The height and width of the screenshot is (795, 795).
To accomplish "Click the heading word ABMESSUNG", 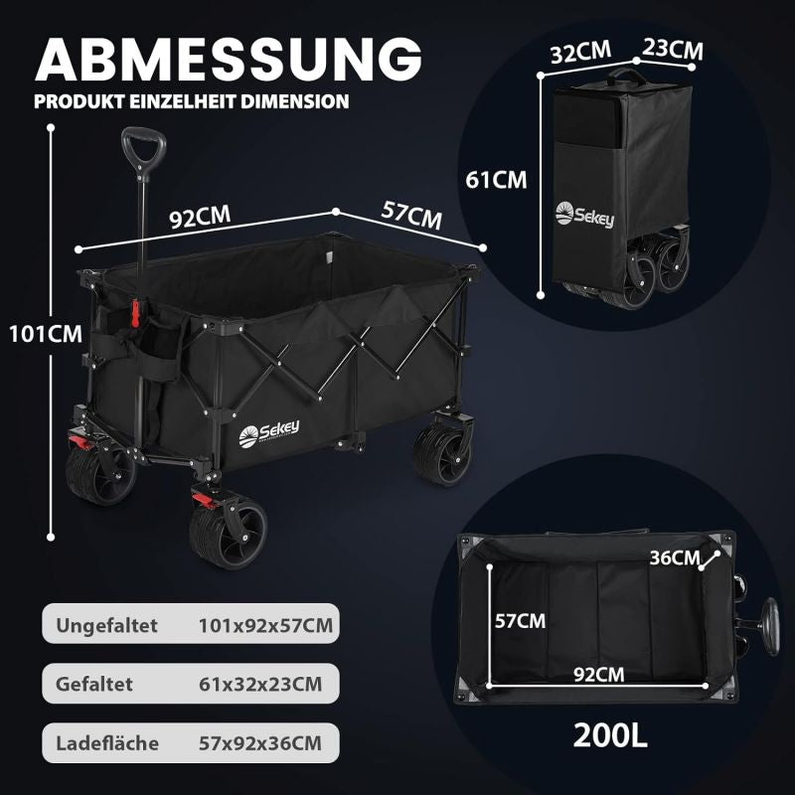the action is (x=229, y=59).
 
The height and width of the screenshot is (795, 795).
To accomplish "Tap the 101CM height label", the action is (x=46, y=334).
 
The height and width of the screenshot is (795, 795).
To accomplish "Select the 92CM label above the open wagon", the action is (x=200, y=217).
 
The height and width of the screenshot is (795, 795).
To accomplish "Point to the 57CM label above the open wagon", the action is (x=411, y=215).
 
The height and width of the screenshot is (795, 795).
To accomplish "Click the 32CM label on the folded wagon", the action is (x=581, y=53).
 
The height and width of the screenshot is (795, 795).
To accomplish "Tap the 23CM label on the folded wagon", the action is (x=673, y=49).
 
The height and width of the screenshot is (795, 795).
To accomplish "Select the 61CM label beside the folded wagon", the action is (x=496, y=180).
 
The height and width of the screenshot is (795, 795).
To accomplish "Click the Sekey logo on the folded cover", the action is (x=584, y=215).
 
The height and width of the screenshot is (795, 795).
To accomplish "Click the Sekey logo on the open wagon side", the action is (x=268, y=434).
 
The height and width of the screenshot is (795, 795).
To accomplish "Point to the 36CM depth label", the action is (x=675, y=557).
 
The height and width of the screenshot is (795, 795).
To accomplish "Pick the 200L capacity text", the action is (x=610, y=735).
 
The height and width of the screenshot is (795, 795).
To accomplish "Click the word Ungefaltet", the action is (x=106, y=626).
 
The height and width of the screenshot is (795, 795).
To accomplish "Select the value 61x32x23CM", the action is (x=260, y=684).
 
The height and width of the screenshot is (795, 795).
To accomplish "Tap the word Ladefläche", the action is (x=107, y=742).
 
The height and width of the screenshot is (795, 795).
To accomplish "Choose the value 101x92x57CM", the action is (x=265, y=625).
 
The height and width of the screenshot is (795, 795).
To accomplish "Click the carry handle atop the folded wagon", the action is (x=627, y=77).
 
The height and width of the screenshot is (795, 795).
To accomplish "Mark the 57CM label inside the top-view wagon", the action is (x=520, y=620).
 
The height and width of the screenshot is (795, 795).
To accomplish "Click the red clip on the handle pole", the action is (x=135, y=313).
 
